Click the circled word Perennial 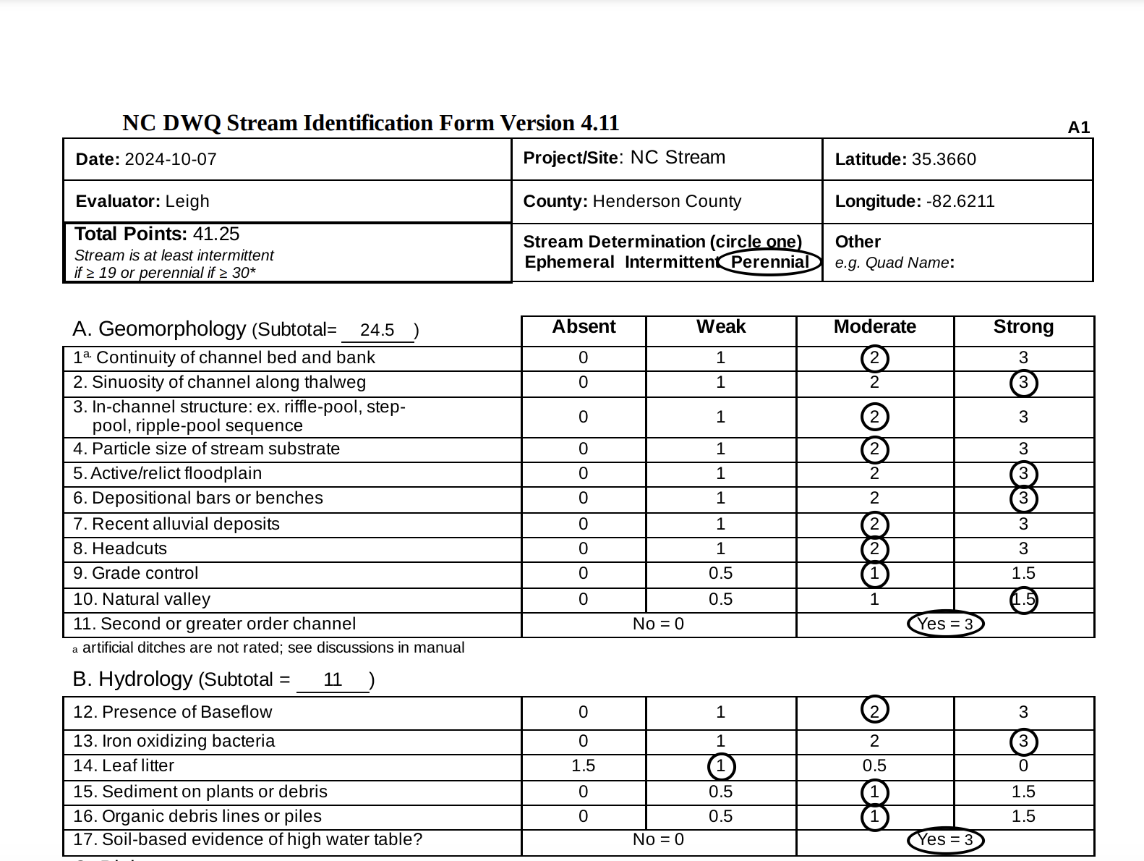pyautogui.click(x=770, y=262)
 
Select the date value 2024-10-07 pyautogui.click(x=171, y=159)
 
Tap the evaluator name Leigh pyautogui.click(x=187, y=201)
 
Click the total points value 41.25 pyautogui.click(x=216, y=234)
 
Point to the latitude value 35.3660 pyautogui.click(x=944, y=159)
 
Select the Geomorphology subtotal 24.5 pyautogui.click(x=377, y=330)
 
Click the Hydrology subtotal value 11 pyautogui.click(x=333, y=679)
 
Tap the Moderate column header pyautogui.click(x=874, y=327)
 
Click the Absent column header pyautogui.click(x=584, y=327)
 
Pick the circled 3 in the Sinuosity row pyautogui.click(x=1023, y=383)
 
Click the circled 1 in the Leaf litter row pyautogui.click(x=721, y=766)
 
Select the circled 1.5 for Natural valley pyautogui.click(x=1023, y=600)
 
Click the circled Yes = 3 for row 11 pyautogui.click(x=945, y=624)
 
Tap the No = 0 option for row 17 pyautogui.click(x=658, y=839)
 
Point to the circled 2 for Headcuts pyautogui.click(x=874, y=549)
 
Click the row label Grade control pyautogui.click(x=145, y=574)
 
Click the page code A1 pyautogui.click(x=1078, y=127)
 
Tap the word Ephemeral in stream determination pyautogui.click(x=569, y=262)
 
